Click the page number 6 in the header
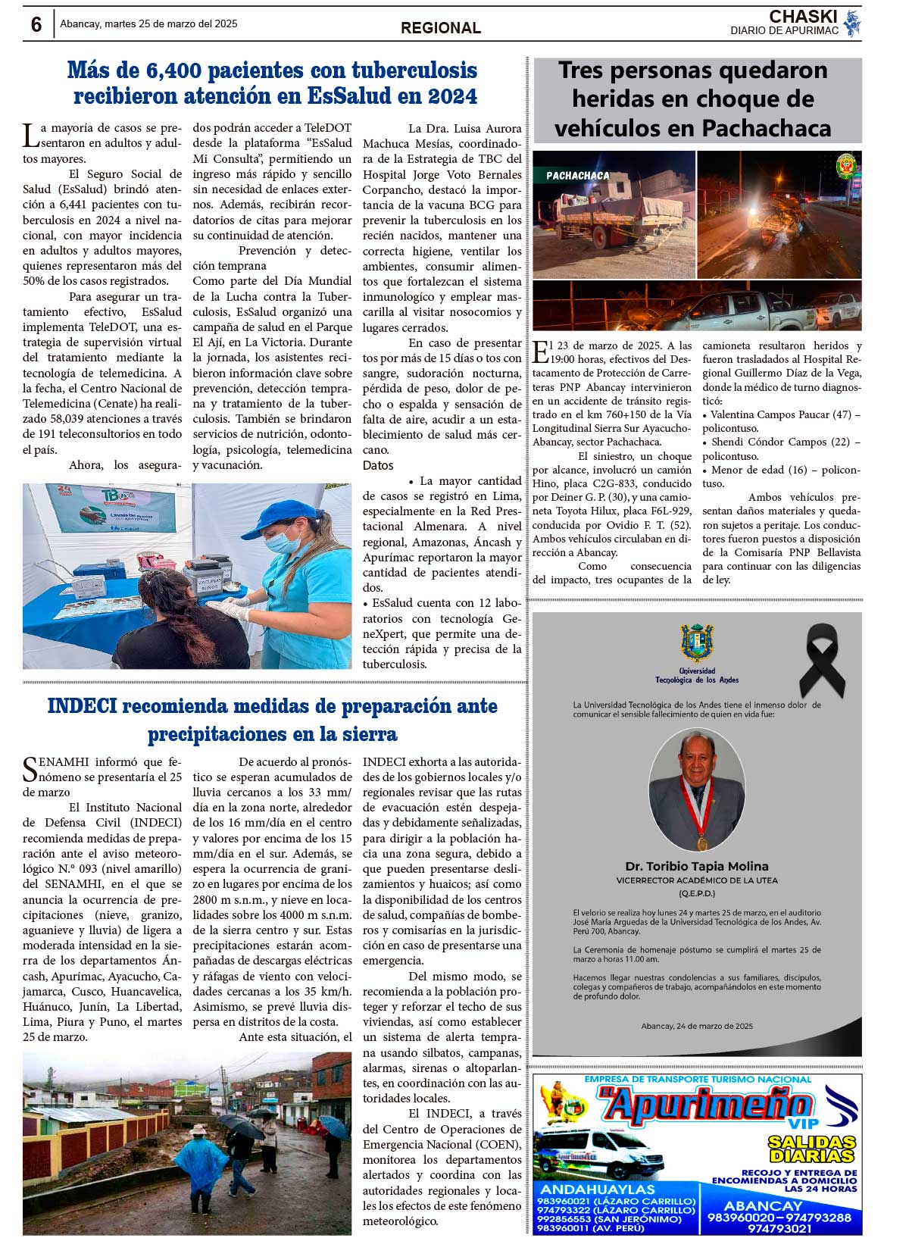(x=36, y=24)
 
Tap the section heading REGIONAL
(x=440, y=28)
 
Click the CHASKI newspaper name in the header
(x=803, y=17)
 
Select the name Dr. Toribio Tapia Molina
(x=697, y=866)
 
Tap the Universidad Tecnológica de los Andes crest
(x=697, y=643)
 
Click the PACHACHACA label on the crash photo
(x=578, y=175)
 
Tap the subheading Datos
(x=378, y=465)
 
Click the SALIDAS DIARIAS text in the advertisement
(x=811, y=1149)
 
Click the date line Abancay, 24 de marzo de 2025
(x=697, y=1026)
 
